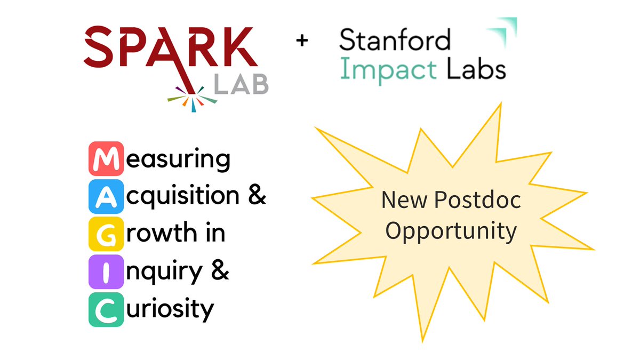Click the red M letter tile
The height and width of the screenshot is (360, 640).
point(106,158)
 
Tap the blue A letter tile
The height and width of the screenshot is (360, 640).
point(106,196)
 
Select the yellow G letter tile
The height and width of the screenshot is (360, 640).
point(106,234)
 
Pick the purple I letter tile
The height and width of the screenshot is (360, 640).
point(106,271)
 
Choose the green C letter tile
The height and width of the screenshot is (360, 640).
point(106,309)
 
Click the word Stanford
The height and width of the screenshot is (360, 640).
point(395,41)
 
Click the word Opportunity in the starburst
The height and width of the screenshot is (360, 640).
point(451,230)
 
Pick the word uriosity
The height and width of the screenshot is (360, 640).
point(169,309)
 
